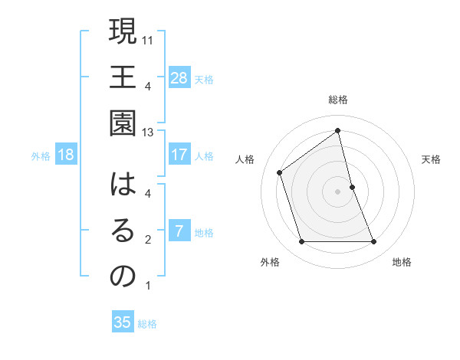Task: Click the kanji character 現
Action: point(122,31)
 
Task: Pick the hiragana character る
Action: point(122,232)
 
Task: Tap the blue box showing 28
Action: point(179,77)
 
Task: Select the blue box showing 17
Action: point(179,155)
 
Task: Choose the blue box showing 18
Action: point(67,155)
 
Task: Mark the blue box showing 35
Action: point(123,322)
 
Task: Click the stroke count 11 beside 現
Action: point(149,39)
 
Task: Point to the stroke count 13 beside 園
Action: point(149,133)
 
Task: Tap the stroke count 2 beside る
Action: point(148,240)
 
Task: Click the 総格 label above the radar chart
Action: point(337,100)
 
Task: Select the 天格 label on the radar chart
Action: point(431,159)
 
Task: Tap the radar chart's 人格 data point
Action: point(280,172)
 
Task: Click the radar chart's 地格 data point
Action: point(374,242)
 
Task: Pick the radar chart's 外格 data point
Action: point(301,242)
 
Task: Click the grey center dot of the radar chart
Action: point(337,191)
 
